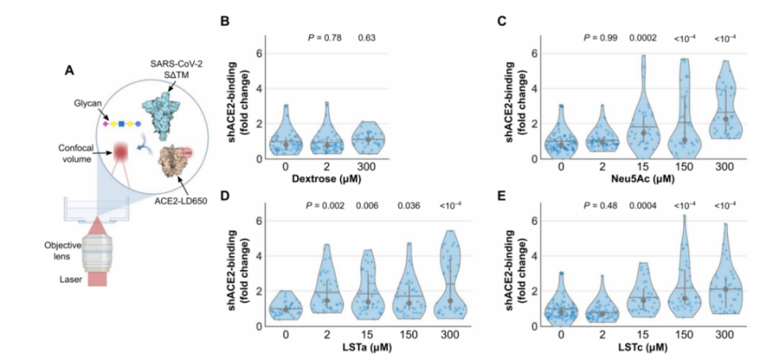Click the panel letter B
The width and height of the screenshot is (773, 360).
pyautogui.click(x=225, y=23)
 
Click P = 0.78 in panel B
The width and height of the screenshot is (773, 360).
pyautogui.click(x=324, y=38)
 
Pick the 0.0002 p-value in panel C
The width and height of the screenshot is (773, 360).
pyautogui.click(x=642, y=38)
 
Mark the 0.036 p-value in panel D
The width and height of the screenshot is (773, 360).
pyautogui.click(x=409, y=205)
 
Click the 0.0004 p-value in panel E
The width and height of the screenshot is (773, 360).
pyautogui.click(x=642, y=205)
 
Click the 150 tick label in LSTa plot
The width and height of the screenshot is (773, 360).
pyautogui.click(x=409, y=335)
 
